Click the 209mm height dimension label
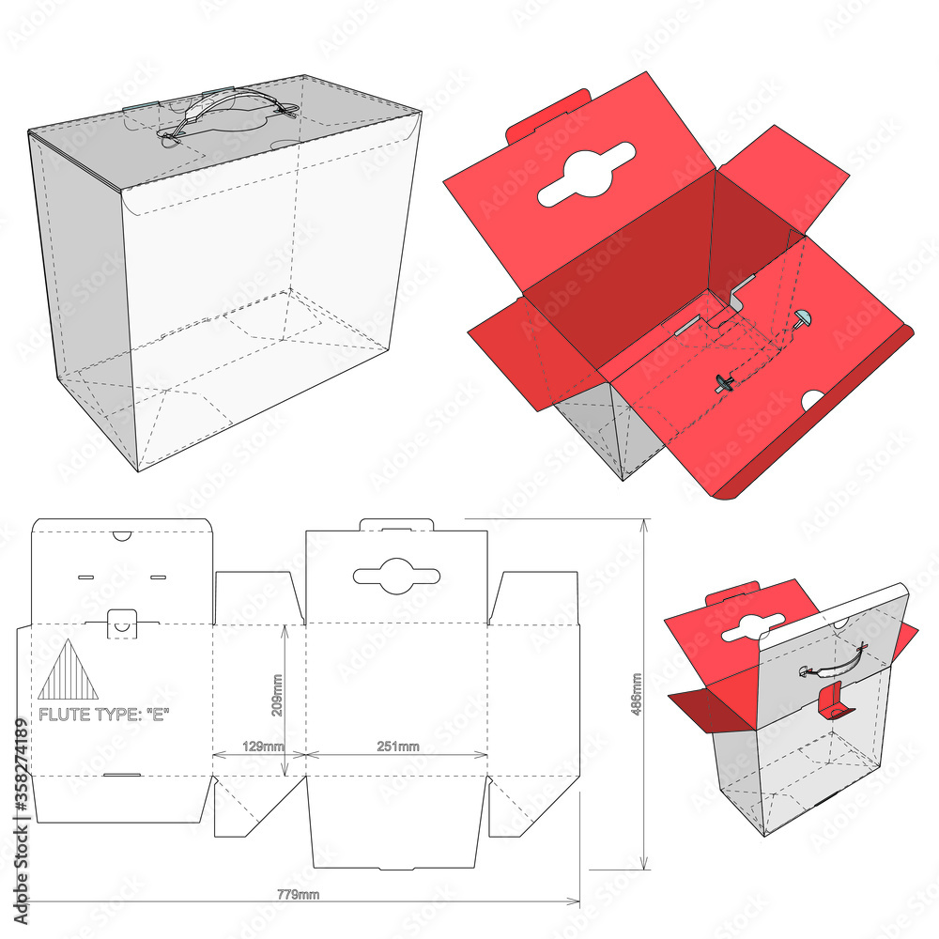[276, 695]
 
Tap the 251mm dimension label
[398, 746]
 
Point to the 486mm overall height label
[638, 696]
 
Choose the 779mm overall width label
[300, 894]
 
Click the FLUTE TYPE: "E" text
[103, 715]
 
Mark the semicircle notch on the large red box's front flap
[814, 401]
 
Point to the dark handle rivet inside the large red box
[725, 382]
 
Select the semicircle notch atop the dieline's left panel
[122, 535]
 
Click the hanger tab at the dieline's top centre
[395, 523]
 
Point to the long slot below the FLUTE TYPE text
[122, 775]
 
